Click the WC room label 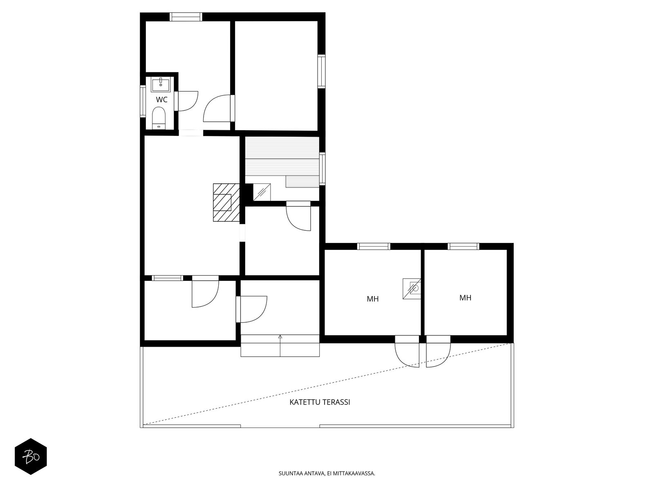point(161,100)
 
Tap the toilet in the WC point(159,118)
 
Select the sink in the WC point(161,84)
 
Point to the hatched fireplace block point(226,202)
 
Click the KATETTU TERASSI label point(320,402)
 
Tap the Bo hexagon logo point(31,457)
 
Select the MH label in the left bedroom point(372,299)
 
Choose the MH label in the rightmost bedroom point(465,298)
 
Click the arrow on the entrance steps point(280,345)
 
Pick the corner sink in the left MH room point(412,289)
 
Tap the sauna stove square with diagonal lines point(262,192)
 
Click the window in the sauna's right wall point(322,169)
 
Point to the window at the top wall point(186,17)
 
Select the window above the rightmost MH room point(463,246)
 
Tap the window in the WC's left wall point(143,101)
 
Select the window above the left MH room point(374,246)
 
